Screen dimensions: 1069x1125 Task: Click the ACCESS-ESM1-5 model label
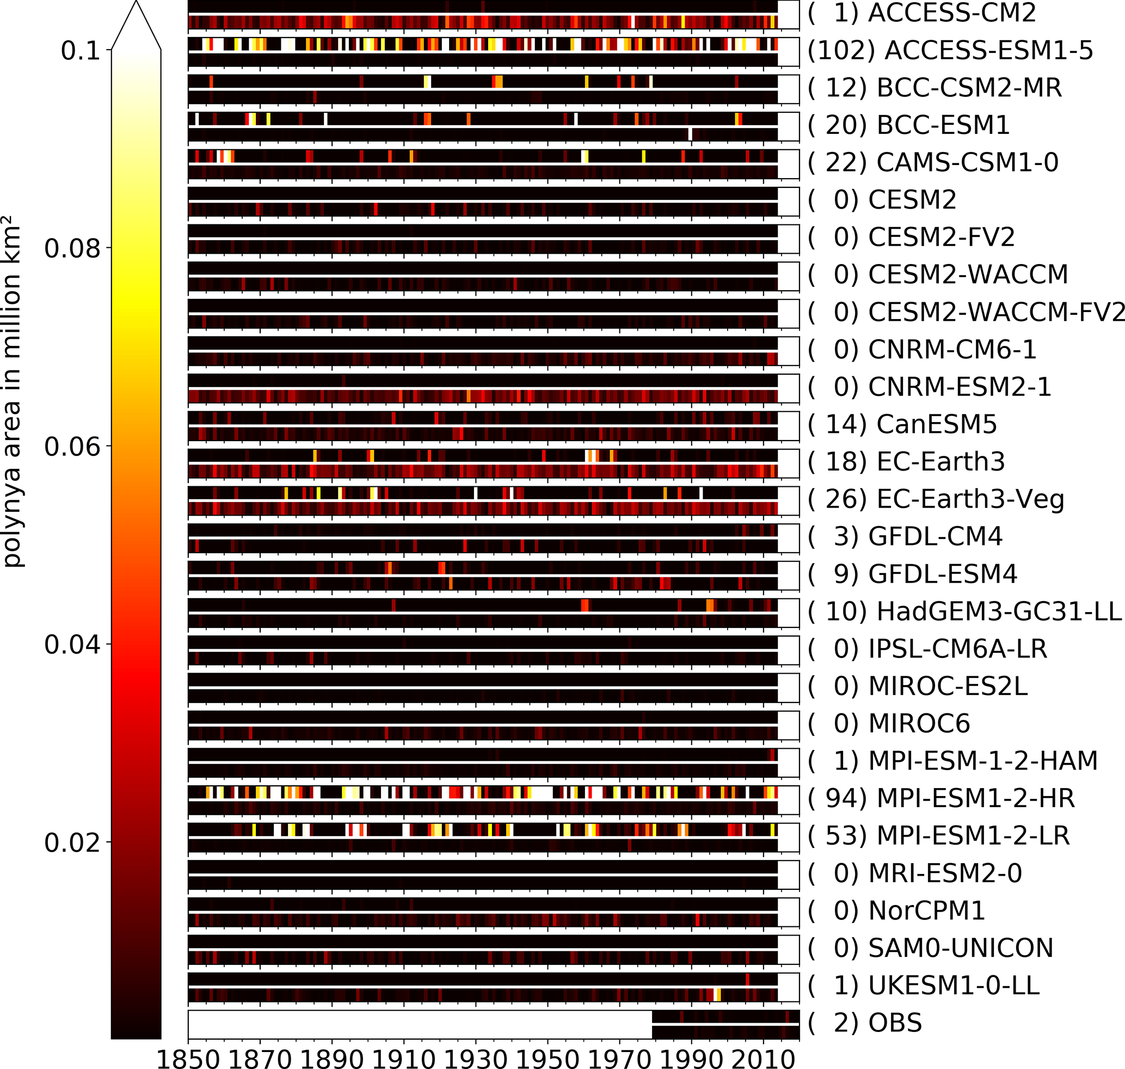click(x=988, y=51)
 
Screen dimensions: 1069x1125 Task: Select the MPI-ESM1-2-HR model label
click(x=975, y=798)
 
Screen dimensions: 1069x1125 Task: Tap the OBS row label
click(x=895, y=1022)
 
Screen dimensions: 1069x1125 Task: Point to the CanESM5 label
click(x=937, y=425)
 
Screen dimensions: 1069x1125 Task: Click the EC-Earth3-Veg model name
click(x=970, y=499)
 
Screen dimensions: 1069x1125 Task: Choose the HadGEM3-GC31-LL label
click(x=999, y=612)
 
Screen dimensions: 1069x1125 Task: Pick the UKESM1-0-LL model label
click(x=954, y=985)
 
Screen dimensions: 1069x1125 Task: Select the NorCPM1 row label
click(x=926, y=911)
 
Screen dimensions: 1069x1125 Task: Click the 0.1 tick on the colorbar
click(x=81, y=51)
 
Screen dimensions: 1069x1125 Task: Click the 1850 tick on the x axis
click(x=188, y=1058)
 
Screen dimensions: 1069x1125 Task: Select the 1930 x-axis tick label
click(x=476, y=1058)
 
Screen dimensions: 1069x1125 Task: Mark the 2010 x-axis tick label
click(x=763, y=1058)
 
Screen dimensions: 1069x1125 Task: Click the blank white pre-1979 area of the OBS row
click(x=419, y=1024)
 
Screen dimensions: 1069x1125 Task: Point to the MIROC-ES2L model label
click(x=948, y=686)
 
